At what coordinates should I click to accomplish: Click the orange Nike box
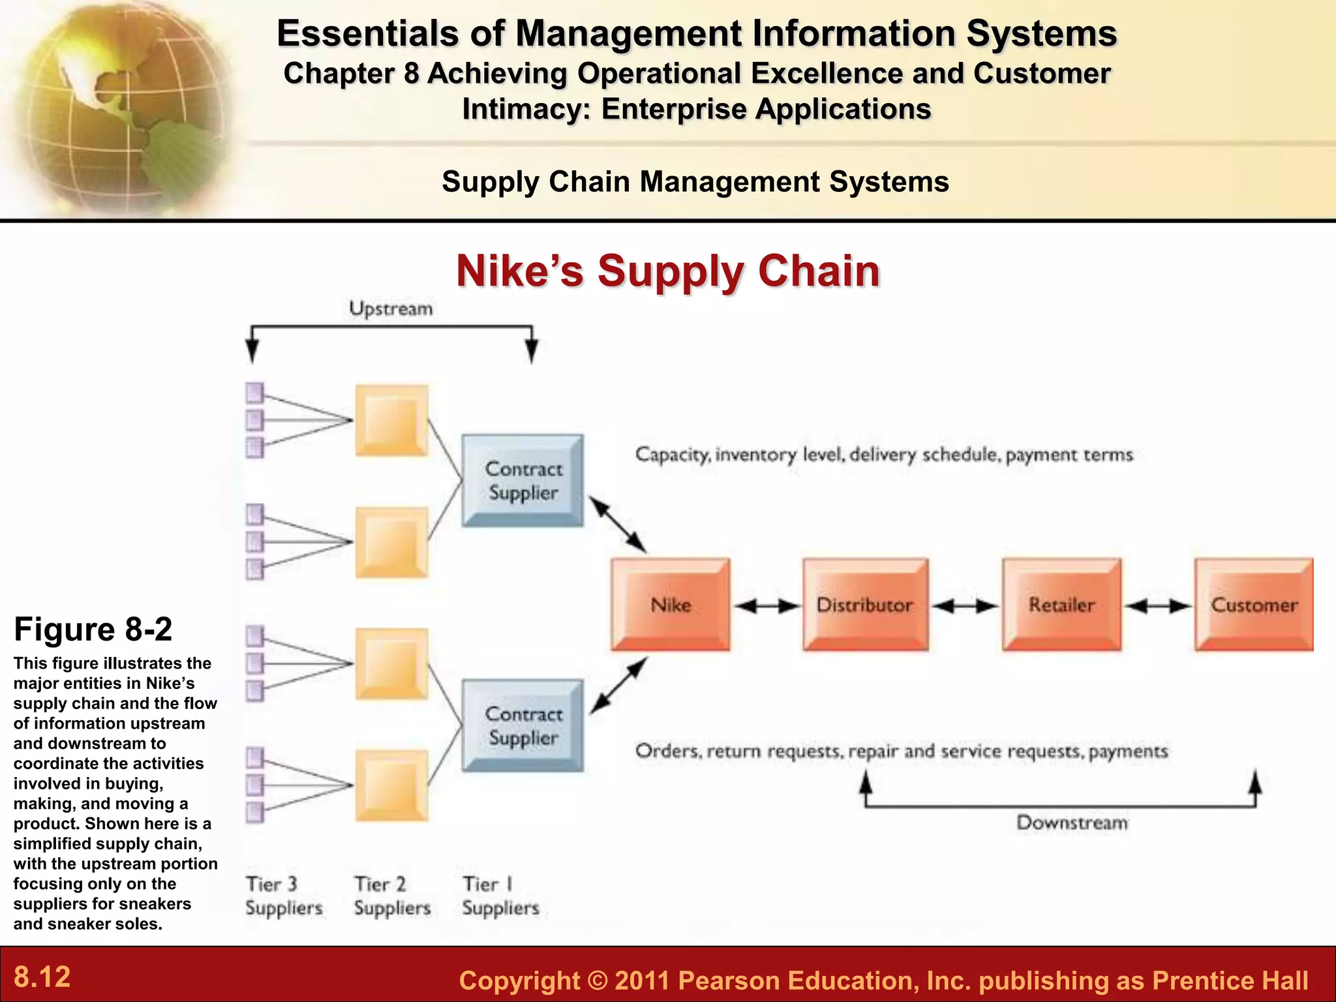[670, 605]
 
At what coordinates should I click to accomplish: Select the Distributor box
[865, 605]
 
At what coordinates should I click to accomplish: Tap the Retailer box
[1061, 605]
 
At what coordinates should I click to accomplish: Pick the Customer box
[1254, 605]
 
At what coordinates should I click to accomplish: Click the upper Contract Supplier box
[523, 481]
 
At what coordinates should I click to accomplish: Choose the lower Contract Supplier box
[523, 725]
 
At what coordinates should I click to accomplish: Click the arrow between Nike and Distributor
[767, 607]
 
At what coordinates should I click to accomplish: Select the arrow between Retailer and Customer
[1158, 607]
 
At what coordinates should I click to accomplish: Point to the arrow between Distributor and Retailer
[965, 607]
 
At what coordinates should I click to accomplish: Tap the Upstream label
[391, 309]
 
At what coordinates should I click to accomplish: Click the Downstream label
[1072, 823]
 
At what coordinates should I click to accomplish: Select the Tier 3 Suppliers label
[283, 896]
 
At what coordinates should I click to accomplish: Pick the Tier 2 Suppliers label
[391, 896]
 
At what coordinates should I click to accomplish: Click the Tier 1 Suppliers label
[500, 896]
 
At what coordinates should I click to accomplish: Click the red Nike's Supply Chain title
[668, 271]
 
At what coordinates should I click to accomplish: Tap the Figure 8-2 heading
[93, 630]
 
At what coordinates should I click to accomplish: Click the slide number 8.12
[42, 977]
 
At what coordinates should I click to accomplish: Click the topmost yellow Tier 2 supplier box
[391, 421]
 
